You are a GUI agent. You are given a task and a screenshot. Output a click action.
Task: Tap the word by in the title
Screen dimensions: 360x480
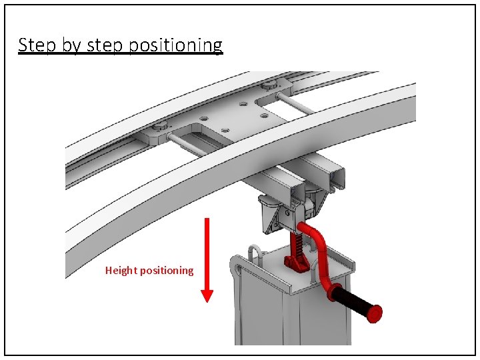(x=70, y=45)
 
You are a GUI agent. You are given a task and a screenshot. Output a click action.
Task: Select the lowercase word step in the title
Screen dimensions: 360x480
(x=105, y=45)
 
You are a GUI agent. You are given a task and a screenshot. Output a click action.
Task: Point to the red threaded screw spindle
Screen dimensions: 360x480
(x=295, y=245)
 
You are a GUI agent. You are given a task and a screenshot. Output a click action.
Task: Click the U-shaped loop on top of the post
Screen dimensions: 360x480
(x=255, y=253)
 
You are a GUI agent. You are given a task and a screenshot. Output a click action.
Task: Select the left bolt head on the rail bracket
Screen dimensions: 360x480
(x=160, y=126)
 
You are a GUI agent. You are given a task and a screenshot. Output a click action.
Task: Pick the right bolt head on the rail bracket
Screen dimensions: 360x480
(x=268, y=85)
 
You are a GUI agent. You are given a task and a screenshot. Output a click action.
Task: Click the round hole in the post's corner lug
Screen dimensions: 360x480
(x=236, y=270)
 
